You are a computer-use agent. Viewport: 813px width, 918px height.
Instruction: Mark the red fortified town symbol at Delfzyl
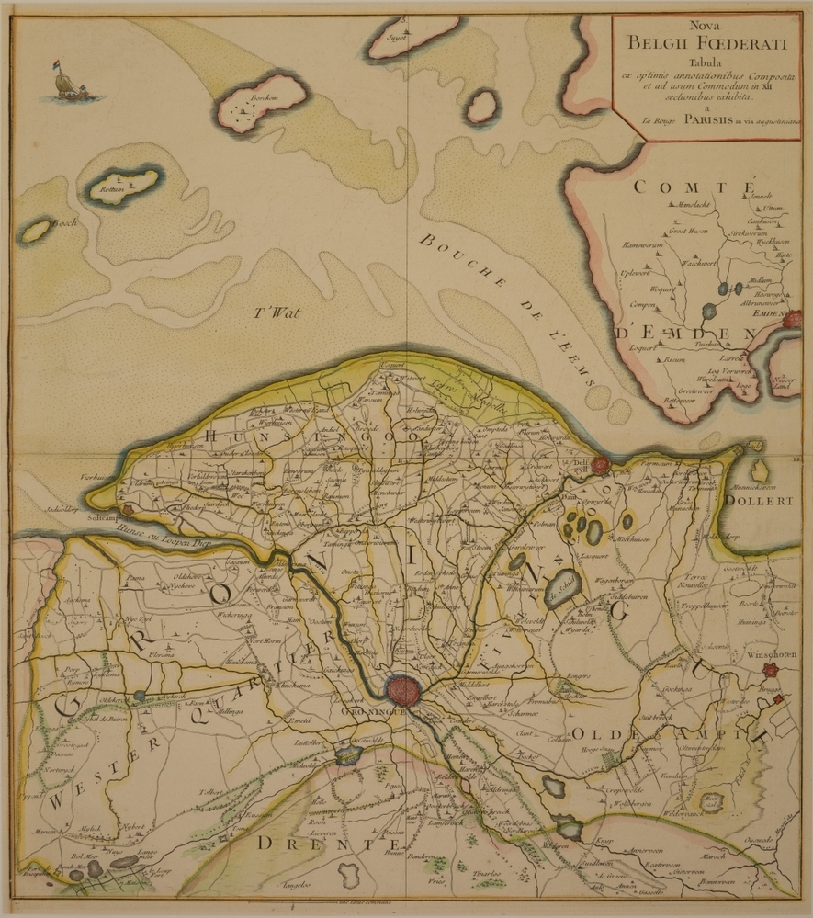point(601,465)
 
